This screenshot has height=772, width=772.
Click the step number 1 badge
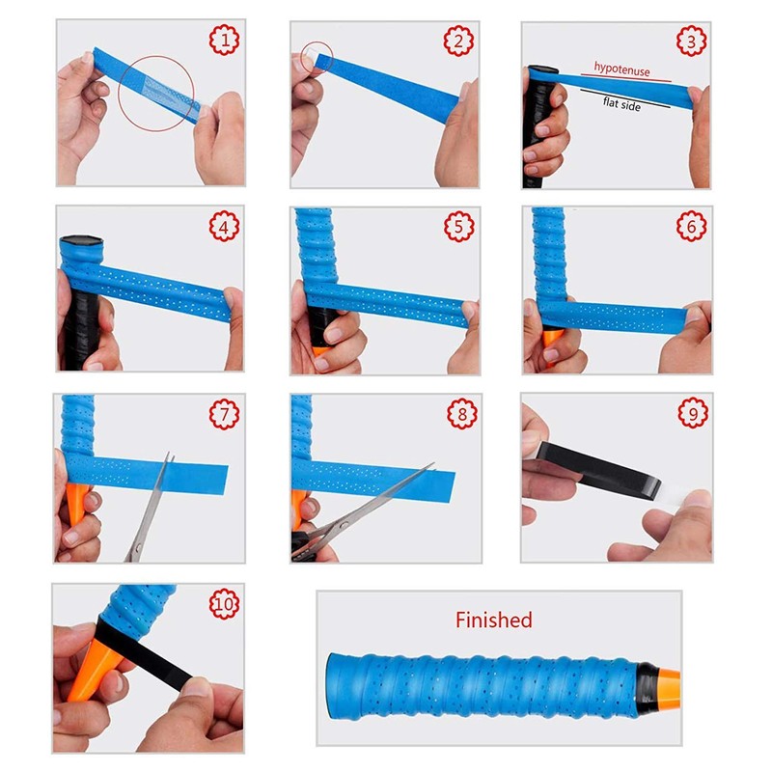pos(224,41)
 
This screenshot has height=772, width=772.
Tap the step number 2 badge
pos(458,41)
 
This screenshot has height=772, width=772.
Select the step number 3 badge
pos(691,41)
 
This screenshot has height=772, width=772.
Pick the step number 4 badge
pos(224,228)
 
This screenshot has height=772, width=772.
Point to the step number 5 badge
pos(458,228)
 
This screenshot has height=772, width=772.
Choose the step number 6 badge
pos(691,228)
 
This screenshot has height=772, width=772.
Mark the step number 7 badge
pos(224,415)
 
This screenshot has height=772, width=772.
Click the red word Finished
pos(493,620)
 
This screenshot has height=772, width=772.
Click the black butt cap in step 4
pos(76,244)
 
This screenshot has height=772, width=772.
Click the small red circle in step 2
pos(316,57)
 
